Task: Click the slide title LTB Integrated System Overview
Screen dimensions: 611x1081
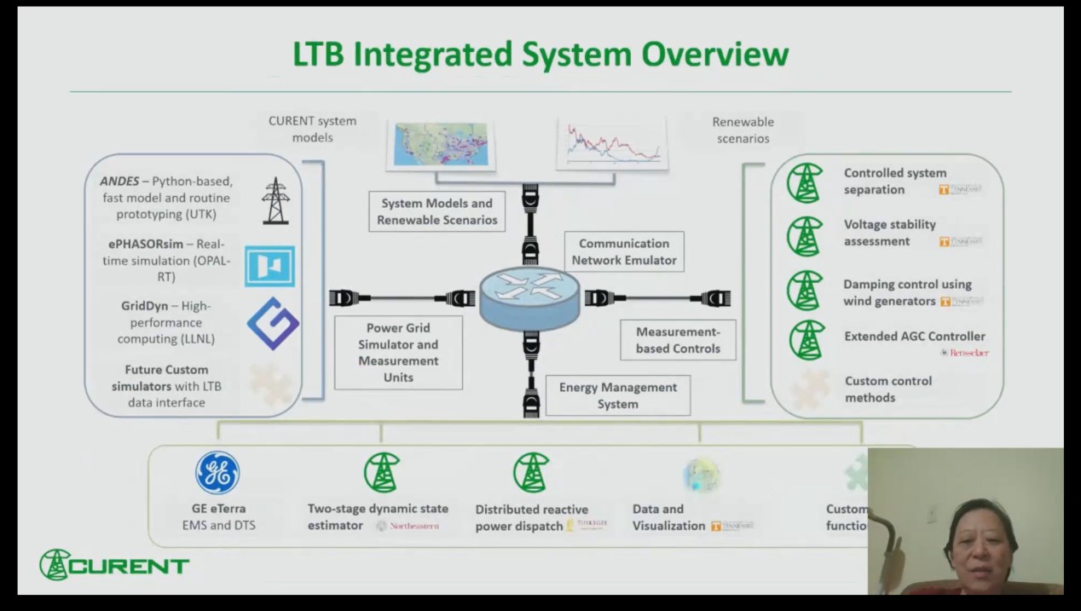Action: pyautogui.click(x=540, y=55)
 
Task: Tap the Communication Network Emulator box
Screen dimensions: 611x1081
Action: pyautogui.click(x=624, y=252)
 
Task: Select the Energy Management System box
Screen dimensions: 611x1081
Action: pyautogui.click(x=617, y=395)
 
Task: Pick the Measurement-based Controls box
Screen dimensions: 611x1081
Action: pyautogui.click(x=678, y=339)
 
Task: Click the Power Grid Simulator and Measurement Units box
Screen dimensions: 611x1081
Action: pyautogui.click(x=398, y=353)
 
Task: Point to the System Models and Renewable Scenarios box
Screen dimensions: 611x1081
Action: pyautogui.click(x=436, y=212)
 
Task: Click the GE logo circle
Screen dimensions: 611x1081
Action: pyautogui.click(x=217, y=473)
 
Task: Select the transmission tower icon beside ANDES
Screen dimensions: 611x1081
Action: pyautogui.click(x=275, y=201)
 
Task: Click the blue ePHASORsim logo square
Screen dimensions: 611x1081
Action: pyautogui.click(x=269, y=266)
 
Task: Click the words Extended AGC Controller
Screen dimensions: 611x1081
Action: pyautogui.click(x=914, y=337)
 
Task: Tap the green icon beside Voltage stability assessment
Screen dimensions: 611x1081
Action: pyautogui.click(x=805, y=236)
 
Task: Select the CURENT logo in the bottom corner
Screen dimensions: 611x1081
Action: pyautogui.click(x=114, y=565)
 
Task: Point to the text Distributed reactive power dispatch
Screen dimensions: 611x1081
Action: pyautogui.click(x=520, y=518)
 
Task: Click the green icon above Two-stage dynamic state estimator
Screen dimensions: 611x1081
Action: pyautogui.click(x=382, y=472)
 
